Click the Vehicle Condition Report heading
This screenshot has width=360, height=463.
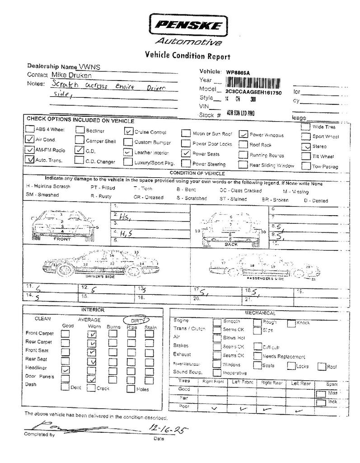tap(187, 56)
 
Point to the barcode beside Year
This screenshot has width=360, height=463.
tap(252, 82)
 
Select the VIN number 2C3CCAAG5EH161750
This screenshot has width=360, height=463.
tap(253, 92)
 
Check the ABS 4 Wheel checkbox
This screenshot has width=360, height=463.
tap(30, 129)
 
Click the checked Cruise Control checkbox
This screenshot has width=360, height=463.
tap(128, 132)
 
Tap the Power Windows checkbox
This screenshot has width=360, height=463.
tap(243, 134)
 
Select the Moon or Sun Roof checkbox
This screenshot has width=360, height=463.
tap(186, 133)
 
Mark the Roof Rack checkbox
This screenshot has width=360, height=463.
tap(243, 145)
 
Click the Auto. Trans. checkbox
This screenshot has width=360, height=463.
tap(30, 159)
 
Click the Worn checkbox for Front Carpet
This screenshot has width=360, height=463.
tap(93, 334)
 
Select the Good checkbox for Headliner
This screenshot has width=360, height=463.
tap(65, 369)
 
